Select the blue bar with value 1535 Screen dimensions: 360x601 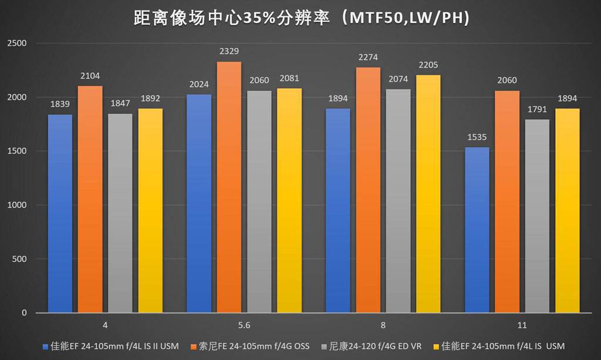tap(477, 230)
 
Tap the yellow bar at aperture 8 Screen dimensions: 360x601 tap(428, 194)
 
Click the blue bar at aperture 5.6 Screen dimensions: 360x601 tap(199, 203)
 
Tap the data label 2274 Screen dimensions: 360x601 tap(368, 58)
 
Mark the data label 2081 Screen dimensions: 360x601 tap(289, 80)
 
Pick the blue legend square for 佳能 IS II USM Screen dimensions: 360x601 tap(46, 346)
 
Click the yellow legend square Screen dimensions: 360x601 tap(435, 346)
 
